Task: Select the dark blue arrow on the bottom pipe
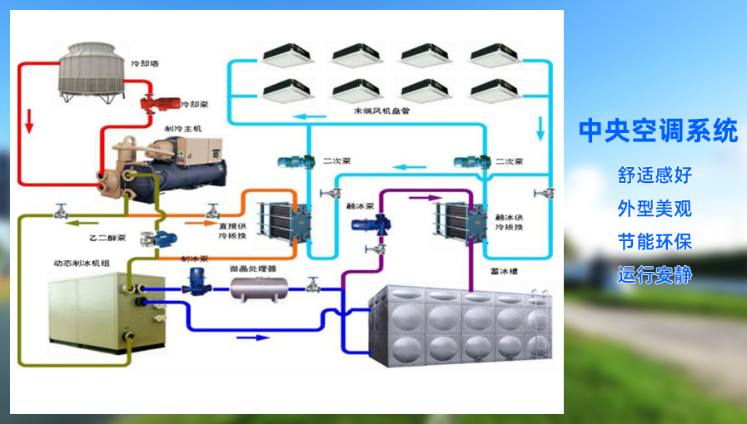tap(254, 338)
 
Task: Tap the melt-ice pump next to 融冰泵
tap(366, 223)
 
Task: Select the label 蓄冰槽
tap(504, 271)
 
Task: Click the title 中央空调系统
tap(658, 131)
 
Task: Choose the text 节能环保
tap(655, 242)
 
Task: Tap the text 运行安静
tap(655, 275)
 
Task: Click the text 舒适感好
tap(655, 175)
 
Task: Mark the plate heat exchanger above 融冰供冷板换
tap(458, 221)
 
